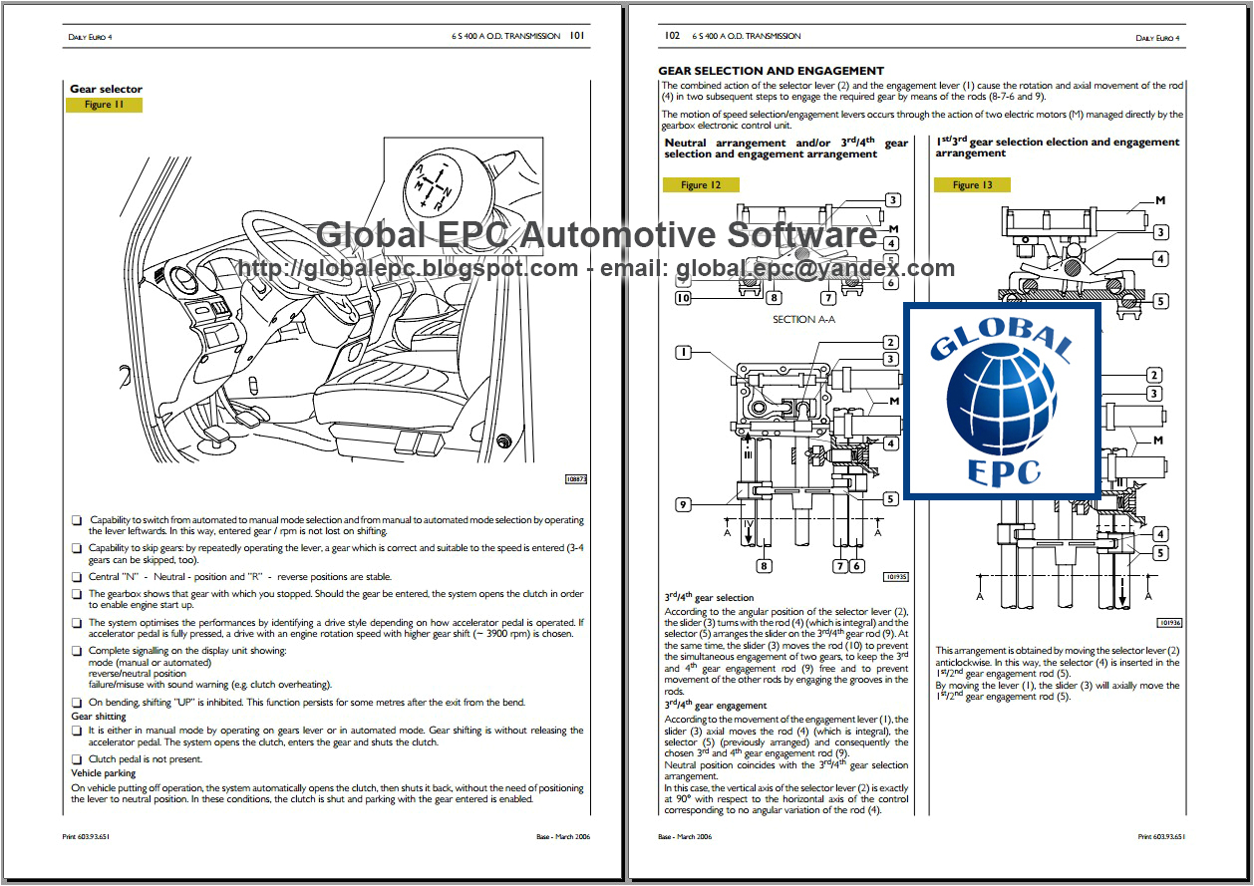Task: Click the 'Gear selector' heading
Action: click(x=106, y=89)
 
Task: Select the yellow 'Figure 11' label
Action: click(x=104, y=105)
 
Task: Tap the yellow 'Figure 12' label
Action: click(x=701, y=185)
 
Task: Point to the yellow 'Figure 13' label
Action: click(x=972, y=185)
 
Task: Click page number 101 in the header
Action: click(x=576, y=36)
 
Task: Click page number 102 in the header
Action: click(x=672, y=36)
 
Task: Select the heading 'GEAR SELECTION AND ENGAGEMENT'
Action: click(x=771, y=71)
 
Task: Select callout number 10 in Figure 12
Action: click(x=683, y=297)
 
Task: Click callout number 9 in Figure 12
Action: click(x=683, y=504)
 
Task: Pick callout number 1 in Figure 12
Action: click(x=683, y=352)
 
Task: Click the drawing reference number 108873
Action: click(x=576, y=479)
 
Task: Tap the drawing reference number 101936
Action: click(x=1169, y=623)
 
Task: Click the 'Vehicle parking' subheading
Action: click(x=104, y=773)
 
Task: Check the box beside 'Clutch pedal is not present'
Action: click(x=77, y=759)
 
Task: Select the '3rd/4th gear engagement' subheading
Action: click(x=716, y=706)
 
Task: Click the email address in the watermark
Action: click(x=815, y=268)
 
